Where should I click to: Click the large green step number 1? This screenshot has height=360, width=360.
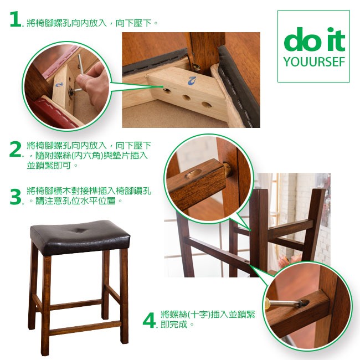pyautogui.click(x=16, y=19)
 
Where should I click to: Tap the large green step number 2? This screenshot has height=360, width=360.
pyautogui.click(x=16, y=149)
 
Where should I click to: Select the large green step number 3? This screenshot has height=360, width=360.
pyautogui.click(x=16, y=196)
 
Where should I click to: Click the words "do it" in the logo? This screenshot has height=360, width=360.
pyautogui.click(x=315, y=39)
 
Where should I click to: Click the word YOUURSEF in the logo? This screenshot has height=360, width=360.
pyautogui.click(x=315, y=62)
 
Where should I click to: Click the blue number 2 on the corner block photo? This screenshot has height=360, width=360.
pyautogui.click(x=192, y=81)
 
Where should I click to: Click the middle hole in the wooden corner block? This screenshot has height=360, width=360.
pyautogui.click(x=187, y=97)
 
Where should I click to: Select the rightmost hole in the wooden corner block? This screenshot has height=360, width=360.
pyautogui.click(x=207, y=105)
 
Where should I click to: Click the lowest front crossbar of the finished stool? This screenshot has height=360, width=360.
pyautogui.click(x=85, y=328)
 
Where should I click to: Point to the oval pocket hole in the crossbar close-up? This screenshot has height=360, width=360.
pyautogui.click(x=193, y=173)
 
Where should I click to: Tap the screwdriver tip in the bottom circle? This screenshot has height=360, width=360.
pyautogui.click(x=304, y=304)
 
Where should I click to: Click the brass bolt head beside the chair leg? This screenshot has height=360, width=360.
pyautogui.click(x=196, y=67)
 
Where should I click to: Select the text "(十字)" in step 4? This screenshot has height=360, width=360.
pyautogui.click(x=199, y=315)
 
